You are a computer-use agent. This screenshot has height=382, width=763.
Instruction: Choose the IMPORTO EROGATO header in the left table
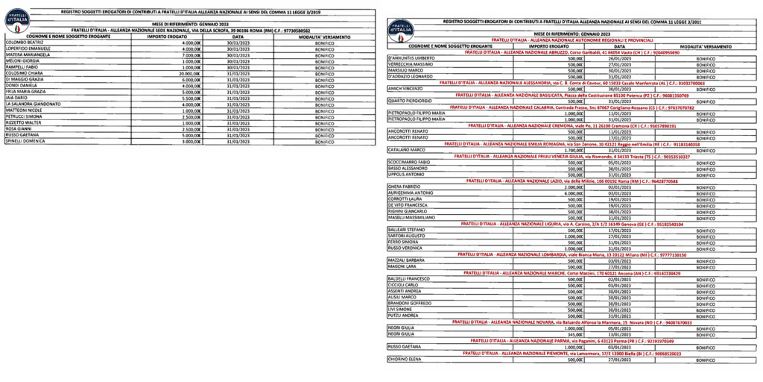click(167, 36)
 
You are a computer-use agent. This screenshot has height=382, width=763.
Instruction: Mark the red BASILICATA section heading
click(572, 95)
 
